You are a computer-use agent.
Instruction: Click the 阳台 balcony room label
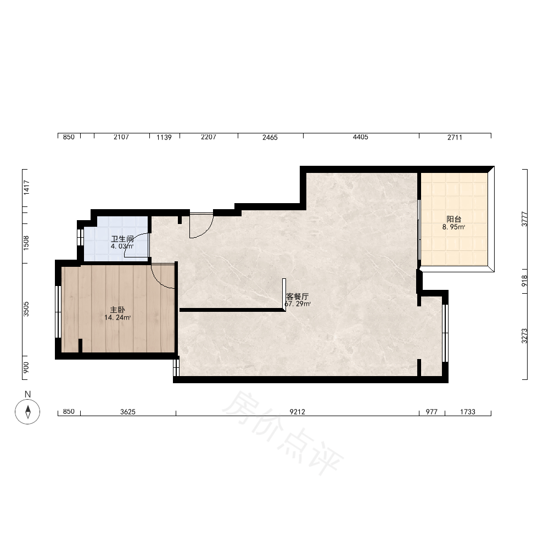[x=454, y=219]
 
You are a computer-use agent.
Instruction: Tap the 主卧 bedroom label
[x=117, y=310]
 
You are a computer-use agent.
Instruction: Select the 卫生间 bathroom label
[x=122, y=239]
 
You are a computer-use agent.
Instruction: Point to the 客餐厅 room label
[x=297, y=296]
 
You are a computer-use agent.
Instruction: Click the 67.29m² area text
[x=297, y=304]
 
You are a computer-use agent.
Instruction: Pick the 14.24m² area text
[x=117, y=317]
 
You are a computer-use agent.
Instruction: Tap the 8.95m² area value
[x=454, y=227]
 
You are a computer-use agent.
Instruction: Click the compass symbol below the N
[x=27, y=411]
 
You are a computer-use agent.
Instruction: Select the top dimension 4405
[x=360, y=137]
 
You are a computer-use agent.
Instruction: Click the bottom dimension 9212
[x=297, y=412]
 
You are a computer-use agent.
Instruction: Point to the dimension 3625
[x=128, y=412]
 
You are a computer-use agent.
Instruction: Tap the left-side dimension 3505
[x=26, y=309]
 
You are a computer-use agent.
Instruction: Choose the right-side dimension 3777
[x=524, y=219]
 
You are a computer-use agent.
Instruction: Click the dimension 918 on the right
[x=524, y=281]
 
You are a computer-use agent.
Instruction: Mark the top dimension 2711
[x=455, y=137]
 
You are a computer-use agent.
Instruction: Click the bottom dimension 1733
[x=468, y=412]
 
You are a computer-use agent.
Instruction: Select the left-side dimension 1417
[x=26, y=188]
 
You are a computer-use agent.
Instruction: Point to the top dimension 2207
[x=208, y=137]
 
